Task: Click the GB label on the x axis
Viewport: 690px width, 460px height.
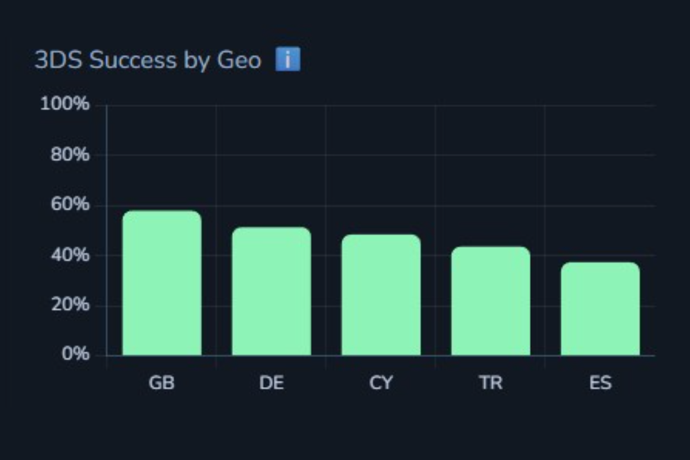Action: click(162, 383)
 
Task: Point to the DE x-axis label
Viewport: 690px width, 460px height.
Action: click(271, 383)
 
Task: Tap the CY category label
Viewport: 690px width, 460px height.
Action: click(381, 383)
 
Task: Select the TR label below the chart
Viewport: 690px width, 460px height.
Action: click(490, 383)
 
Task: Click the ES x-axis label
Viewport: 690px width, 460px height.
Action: click(600, 383)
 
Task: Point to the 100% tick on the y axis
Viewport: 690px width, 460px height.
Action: click(64, 105)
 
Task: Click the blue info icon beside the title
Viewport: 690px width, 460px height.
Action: click(287, 60)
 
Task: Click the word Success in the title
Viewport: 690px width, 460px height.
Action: click(133, 60)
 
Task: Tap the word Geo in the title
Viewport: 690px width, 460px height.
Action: click(239, 60)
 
